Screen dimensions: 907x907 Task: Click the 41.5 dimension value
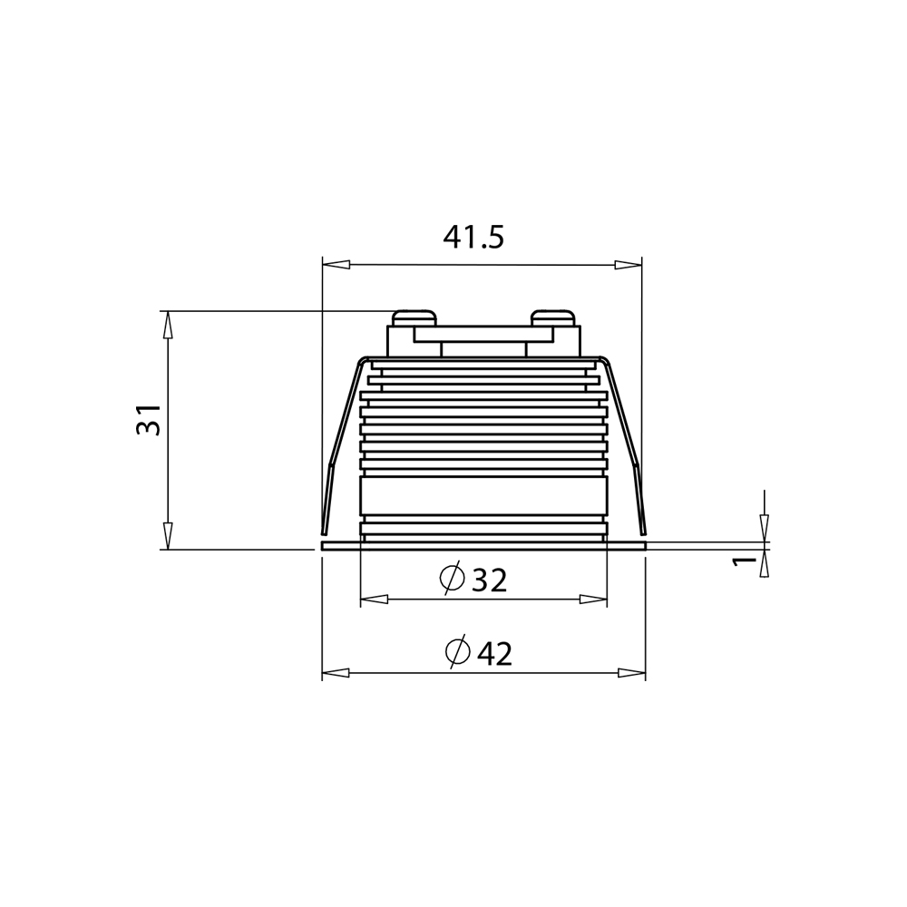coord(473,237)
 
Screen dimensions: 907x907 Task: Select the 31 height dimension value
coord(148,419)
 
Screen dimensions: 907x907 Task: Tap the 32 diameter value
coord(490,580)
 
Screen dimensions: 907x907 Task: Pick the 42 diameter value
coord(494,654)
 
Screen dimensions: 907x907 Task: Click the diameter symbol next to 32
coord(452,577)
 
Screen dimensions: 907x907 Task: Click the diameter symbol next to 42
coord(457,651)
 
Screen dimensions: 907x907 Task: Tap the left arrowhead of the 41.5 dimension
coord(336,264)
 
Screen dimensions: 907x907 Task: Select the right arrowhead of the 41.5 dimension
coord(629,264)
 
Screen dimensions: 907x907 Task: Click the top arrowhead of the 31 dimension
coord(168,325)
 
